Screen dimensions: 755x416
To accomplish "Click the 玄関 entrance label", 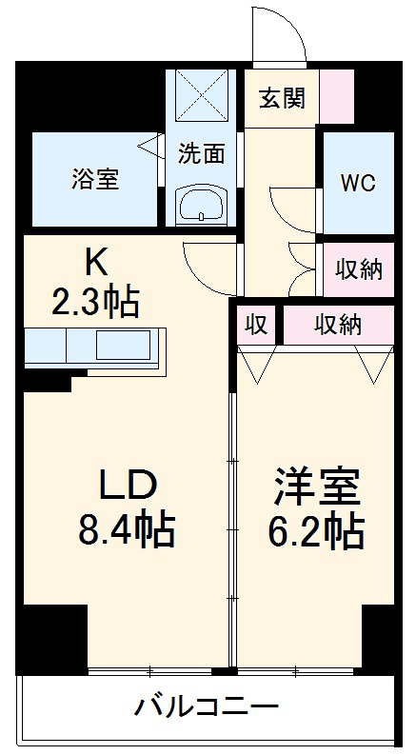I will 281,99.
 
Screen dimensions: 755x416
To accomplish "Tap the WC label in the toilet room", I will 359,183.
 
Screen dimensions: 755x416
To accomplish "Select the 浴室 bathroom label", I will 93,179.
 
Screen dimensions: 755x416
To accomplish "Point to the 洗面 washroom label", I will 201,151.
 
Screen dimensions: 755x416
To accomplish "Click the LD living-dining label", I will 128,486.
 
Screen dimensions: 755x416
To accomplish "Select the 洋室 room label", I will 317,487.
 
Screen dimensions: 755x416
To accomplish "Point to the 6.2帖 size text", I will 317,529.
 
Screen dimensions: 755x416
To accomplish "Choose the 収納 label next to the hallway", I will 359,269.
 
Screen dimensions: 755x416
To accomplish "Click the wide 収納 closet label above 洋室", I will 338,326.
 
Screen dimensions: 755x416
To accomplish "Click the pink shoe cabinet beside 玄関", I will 336,96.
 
